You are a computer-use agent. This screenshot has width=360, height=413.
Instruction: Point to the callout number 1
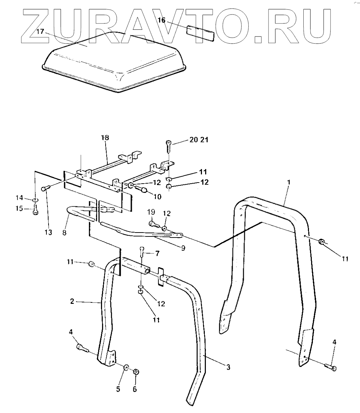(x=289, y=182)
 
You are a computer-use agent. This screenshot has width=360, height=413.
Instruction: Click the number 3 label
(x=229, y=367)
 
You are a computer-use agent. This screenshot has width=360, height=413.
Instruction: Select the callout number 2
(x=72, y=301)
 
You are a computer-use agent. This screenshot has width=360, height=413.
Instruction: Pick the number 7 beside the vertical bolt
(x=157, y=253)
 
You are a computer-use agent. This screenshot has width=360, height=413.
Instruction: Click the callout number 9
(x=183, y=248)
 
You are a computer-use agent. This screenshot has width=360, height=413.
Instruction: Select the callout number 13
(x=48, y=233)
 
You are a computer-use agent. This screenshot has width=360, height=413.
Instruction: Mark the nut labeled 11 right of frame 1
(x=322, y=242)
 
